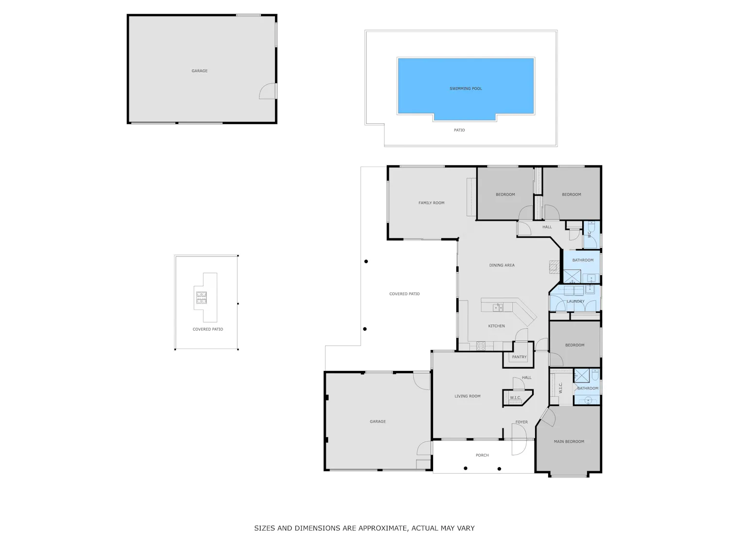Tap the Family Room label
[x=431, y=203]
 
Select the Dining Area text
[x=502, y=265]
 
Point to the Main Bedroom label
[x=569, y=441]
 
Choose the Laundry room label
[x=575, y=301]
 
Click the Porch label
[x=482, y=455]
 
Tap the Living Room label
[x=468, y=396]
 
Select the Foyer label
[x=521, y=422]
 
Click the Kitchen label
[x=496, y=326]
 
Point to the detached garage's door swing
[x=268, y=90]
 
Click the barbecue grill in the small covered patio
[x=201, y=297]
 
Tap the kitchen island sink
[x=498, y=307]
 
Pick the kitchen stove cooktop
[x=481, y=346]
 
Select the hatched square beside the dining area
[x=554, y=267]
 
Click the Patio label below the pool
[x=459, y=130]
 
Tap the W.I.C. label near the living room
[x=515, y=398]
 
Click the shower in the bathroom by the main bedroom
[x=582, y=375]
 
